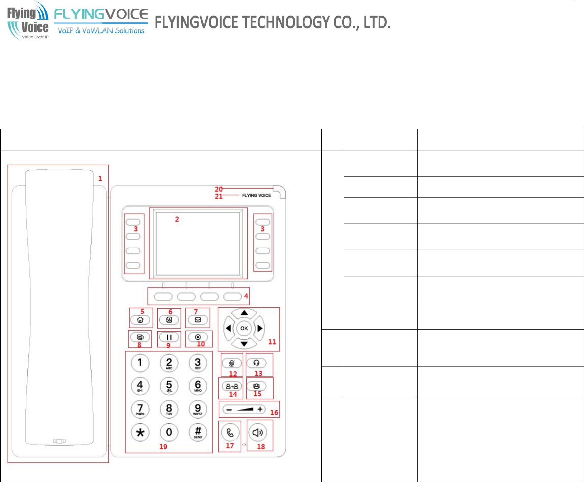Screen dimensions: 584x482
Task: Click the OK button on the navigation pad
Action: (244, 328)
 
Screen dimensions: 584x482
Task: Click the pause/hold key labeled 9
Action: (169, 337)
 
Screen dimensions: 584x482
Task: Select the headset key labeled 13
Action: (256, 363)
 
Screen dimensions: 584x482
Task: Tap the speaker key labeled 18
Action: (258, 433)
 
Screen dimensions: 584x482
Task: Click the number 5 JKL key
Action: (169, 385)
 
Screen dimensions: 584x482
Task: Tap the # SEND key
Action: (198, 432)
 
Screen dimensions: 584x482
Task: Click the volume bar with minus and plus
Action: (244, 410)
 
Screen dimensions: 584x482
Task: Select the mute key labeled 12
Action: (231, 363)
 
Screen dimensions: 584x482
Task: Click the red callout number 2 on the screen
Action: (177, 219)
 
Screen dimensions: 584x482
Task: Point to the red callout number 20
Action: (219, 189)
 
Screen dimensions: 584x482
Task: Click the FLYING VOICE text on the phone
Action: (256, 195)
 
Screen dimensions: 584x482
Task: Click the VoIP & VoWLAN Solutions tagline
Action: (101, 31)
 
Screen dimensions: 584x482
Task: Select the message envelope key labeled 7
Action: (198, 320)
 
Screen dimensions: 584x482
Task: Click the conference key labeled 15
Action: (256, 386)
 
